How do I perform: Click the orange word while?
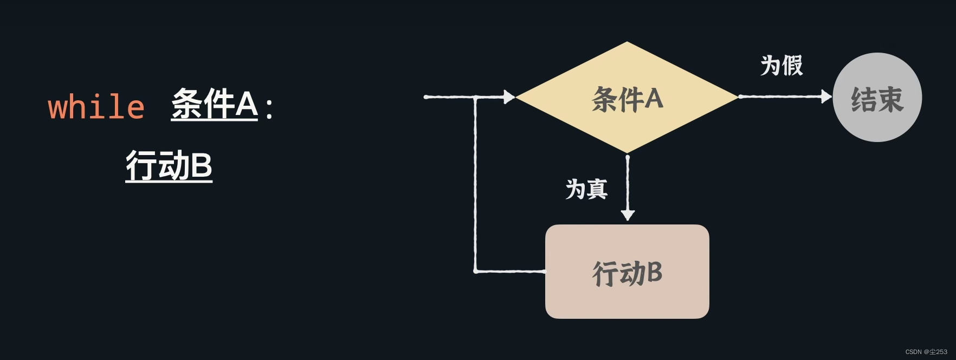click(x=96, y=107)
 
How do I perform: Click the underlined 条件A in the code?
click(x=215, y=104)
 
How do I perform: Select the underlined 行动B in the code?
click(x=169, y=165)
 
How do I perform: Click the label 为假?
click(x=781, y=66)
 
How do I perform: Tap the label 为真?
click(x=586, y=189)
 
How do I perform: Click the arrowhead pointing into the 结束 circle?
click(x=826, y=97)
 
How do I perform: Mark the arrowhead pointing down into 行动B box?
click(x=628, y=215)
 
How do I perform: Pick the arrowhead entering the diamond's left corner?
click(x=509, y=97)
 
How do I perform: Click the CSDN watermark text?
click(x=926, y=352)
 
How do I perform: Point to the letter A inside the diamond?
click(x=653, y=99)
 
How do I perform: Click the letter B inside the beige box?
click(x=654, y=272)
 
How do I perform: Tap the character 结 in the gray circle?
click(x=864, y=100)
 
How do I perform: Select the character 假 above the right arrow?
click(x=792, y=66)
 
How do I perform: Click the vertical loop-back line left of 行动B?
click(x=475, y=184)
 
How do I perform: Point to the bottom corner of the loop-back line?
click(x=476, y=271)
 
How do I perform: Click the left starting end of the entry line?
click(x=426, y=97)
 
